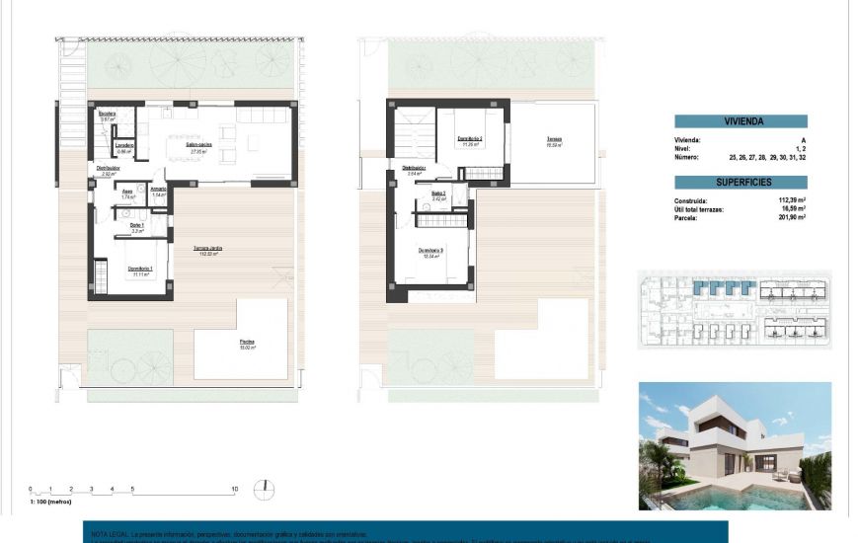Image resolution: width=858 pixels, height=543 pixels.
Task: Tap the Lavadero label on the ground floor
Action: (124, 147)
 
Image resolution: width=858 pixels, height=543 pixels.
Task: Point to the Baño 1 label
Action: (137, 227)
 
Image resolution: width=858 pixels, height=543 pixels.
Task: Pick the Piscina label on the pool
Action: (247, 344)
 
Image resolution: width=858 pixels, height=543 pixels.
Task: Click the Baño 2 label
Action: (439, 194)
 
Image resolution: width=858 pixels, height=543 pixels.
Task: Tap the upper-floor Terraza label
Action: (554, 141)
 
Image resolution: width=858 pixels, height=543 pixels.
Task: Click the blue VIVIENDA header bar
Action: (741, 121)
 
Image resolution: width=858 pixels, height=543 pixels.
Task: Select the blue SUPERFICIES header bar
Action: (741, 183)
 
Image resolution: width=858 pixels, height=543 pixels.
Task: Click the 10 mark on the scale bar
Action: (234, 489)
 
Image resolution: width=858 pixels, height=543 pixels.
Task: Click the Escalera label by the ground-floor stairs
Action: (108, 115)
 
